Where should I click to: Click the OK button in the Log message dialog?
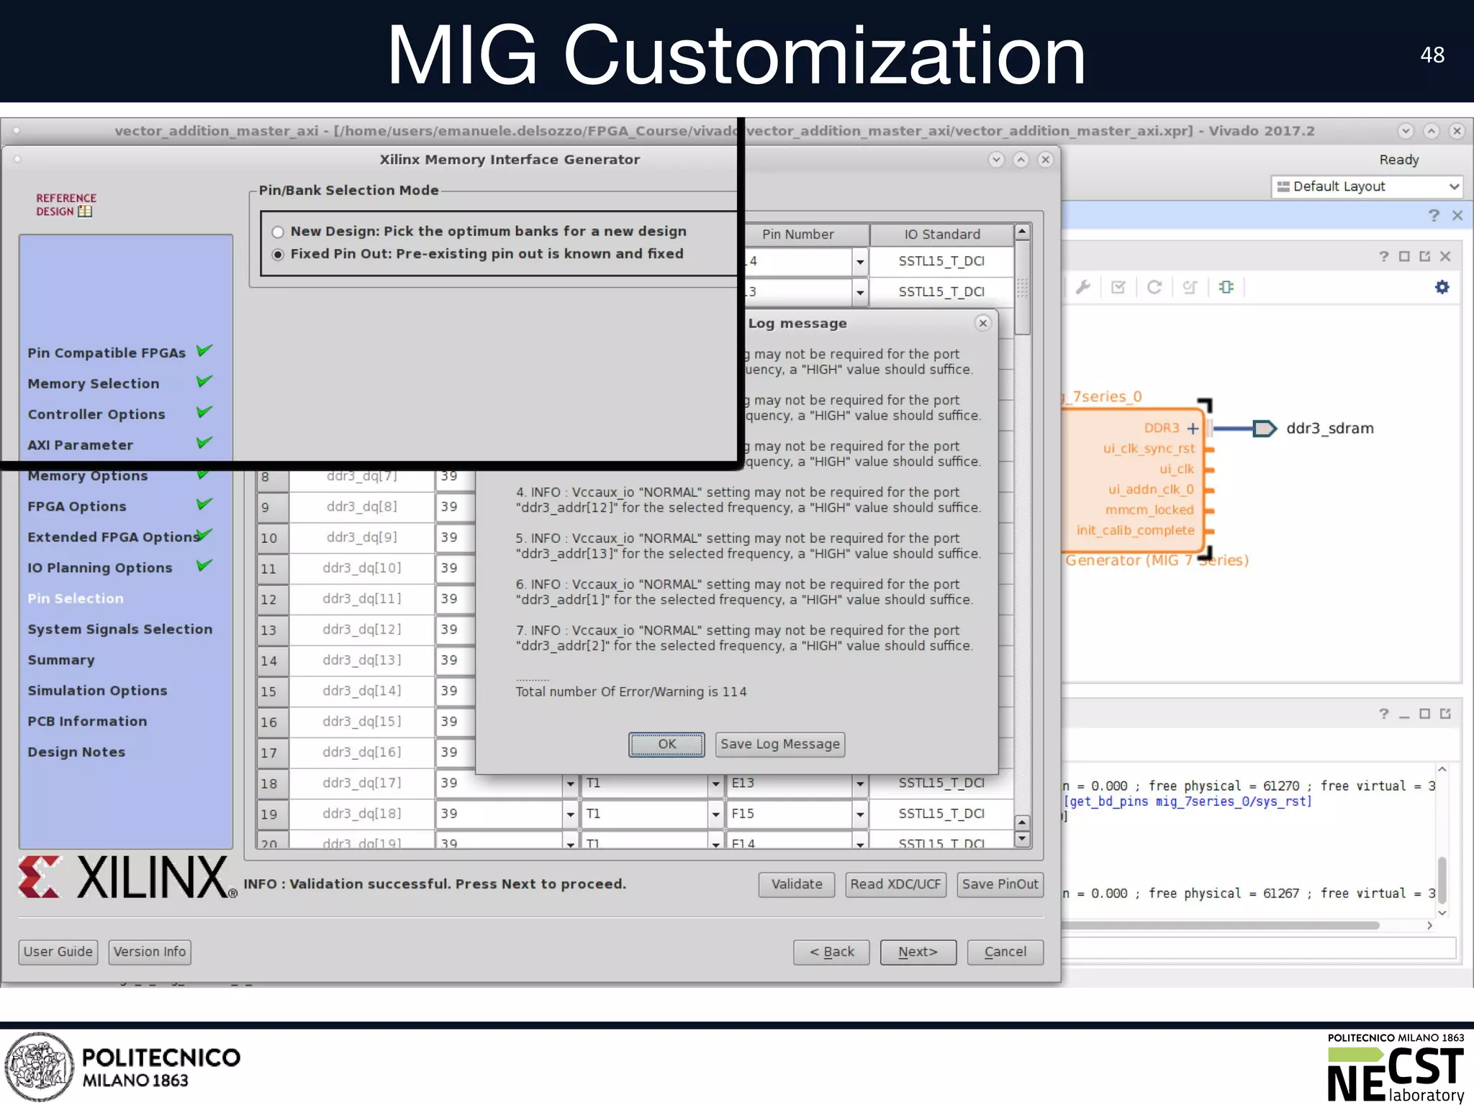(x=666, y=744)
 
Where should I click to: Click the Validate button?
(x=796, y=884)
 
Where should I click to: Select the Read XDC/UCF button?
(x=895, y=884)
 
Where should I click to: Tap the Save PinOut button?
(x=1000, y=884)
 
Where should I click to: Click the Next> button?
(x=918, y=952)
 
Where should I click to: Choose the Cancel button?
(x=1005, y=952)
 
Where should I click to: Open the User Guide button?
(x=58, y=952)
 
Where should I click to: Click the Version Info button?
(x=150, y=952)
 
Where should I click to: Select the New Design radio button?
(x=278, y=232)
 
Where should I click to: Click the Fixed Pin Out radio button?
(x=278, y=255)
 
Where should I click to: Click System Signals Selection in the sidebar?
(x=120, y=629)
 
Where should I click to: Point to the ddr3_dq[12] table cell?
(x=362, y=629)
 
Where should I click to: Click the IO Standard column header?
(x=941, y=235)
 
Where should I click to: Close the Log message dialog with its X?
(x=982, y=323)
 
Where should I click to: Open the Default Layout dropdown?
(x=1367, y=186)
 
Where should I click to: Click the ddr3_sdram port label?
(x=1329, y=428)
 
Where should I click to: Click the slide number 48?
(x=1432, y=55)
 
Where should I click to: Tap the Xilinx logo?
(x=127, y=877)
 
